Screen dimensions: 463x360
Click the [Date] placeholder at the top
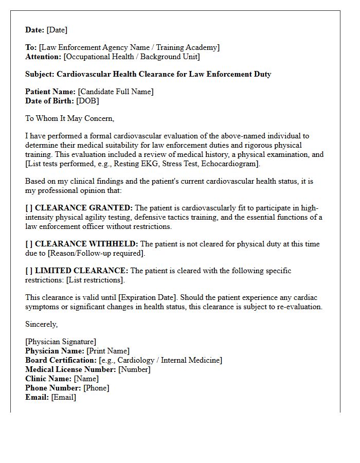pyautogui.click(x=57, y=30)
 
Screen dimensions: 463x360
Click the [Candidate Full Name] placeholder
pyautogui.click(x=116, y=92)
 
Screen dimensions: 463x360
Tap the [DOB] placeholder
pyautogui.click(x=88, y=101)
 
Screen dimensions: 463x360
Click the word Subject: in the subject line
pyautogui.click(x=40, y=74)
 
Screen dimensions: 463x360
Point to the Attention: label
pyautogui.click(x=43, y=57)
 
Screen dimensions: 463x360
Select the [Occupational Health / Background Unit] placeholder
pyautogui.click(x=131, y=57)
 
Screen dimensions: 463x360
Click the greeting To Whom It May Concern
pyautogui.click(x=70, y=119)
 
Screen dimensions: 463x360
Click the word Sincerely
pyautogui.click(x=42, y=325)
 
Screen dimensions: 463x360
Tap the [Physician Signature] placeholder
pyautogui.click(x=61, y=342)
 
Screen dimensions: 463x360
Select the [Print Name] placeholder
pyautogui.click(x=108, y=351)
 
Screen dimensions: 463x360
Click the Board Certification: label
pyautogui.click(x=61, y=361)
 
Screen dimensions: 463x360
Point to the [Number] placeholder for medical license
pyautogui.click(x=134, y=370)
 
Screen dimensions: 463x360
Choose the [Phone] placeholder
pyautogui.click(x=96, y=388)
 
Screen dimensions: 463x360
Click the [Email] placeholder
pyautogui.click(x=64, y=398)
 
